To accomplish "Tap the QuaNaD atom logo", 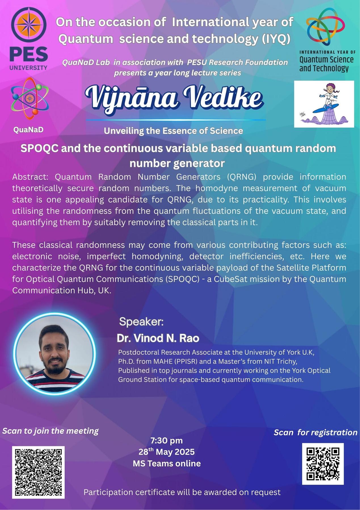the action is pos(30,99).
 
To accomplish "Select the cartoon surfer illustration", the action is pos(324,104).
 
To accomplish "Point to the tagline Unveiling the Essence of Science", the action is pos(173,131).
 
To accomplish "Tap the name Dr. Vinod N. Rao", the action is pos(158,338).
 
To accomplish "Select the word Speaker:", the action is pos(142,322).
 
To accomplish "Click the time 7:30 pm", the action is pos(167,440).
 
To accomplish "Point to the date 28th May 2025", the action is pos(167,452).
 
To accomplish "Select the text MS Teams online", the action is pos(167,463).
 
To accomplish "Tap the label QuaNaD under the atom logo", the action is pos(28,130).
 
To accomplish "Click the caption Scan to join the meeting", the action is pos(50,431).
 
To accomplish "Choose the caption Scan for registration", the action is pos(315,432).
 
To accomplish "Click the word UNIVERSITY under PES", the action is pos(28,68).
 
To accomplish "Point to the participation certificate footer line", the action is pos(182,492).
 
